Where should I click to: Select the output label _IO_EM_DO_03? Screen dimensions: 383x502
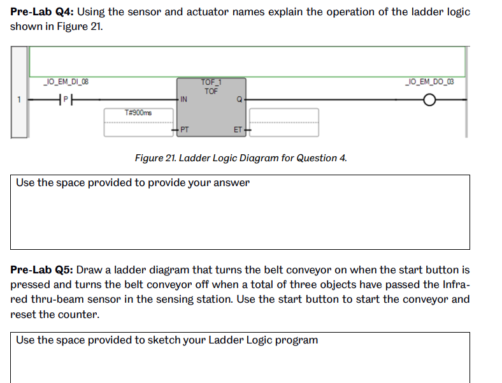tap(430, 81)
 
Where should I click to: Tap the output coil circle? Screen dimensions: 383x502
tap(431, 100)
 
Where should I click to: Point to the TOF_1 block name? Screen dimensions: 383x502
tap(211, 82)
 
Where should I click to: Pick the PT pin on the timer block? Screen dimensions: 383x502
tap(183, 129)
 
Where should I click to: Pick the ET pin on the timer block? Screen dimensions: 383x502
tap(238, 129)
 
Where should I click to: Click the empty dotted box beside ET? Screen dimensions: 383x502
tap(283, 122)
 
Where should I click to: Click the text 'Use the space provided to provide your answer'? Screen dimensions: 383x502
tap(133, 183)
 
